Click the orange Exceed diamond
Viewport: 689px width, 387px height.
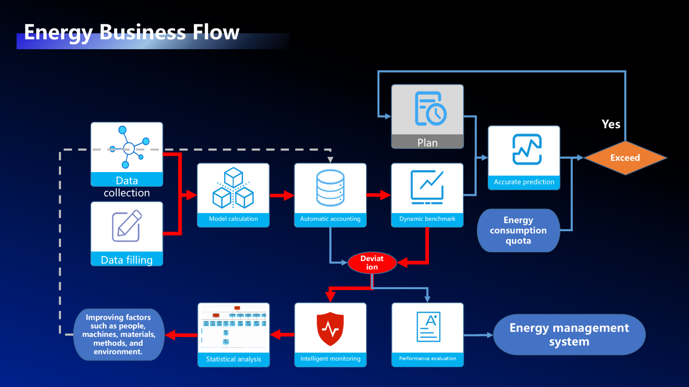click(x=625, y=158)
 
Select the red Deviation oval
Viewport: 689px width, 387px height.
click(x=372, y=263)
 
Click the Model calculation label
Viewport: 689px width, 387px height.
click(x=233, y=219)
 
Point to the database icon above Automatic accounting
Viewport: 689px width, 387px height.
click(x=330, y=189)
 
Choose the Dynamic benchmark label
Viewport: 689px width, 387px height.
click(x=427, y=219)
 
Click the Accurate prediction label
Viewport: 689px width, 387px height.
click(x=524, y=182)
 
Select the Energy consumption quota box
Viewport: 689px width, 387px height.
click(x=518, y=231)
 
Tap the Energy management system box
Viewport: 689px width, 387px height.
click(x=569, y=334)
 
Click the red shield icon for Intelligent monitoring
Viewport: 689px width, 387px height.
click(x=330, y=329)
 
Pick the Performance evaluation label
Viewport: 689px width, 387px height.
click(x=427, y=358)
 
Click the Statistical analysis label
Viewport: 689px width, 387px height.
click(x=233, y=359)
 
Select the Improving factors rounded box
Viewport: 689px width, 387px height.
click(x=118, y=334)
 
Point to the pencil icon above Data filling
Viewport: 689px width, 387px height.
click(x=126, y=226)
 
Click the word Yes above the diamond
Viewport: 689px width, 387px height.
click(x=611, y=124)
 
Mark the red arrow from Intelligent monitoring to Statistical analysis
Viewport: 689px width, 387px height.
click(x=282, y=335)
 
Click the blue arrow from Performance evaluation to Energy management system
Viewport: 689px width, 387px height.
click(x=478, y=335)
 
